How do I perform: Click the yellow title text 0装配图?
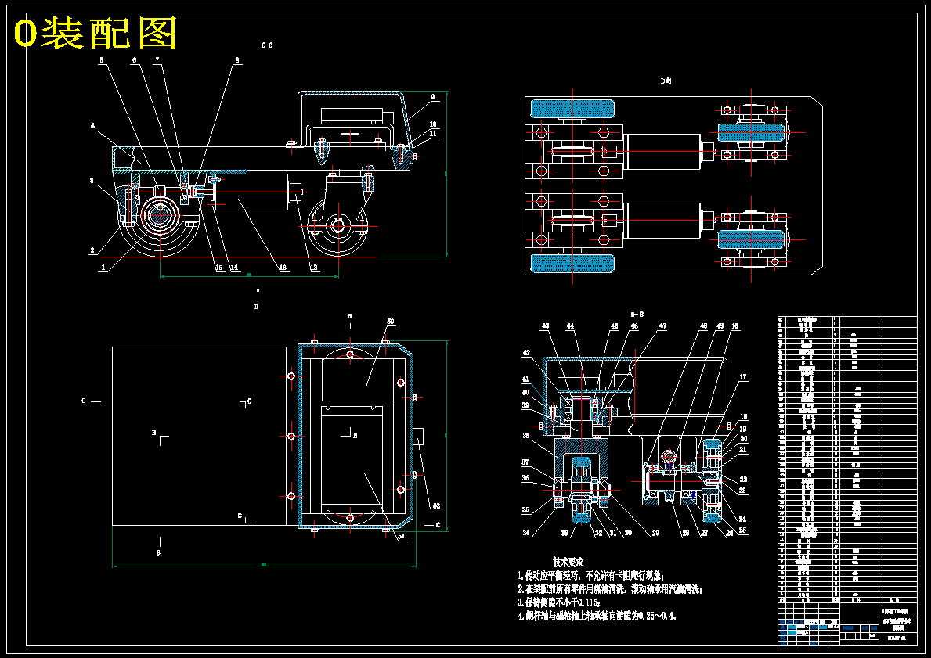click(96, 34)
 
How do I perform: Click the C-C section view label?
click(267, 45)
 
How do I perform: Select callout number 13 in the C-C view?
click(283, 268)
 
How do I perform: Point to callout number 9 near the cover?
click(432, 98)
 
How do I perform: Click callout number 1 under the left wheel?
click(102, 268)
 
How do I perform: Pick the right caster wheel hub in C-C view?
click(338, 226)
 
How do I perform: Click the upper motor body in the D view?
click(662, 151)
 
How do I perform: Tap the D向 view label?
click(666, 81)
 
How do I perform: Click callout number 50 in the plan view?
click(390, 322)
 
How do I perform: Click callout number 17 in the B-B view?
click(742, 377)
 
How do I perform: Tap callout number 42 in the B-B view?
click(527, 353)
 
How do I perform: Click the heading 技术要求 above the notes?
click(568, 562)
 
